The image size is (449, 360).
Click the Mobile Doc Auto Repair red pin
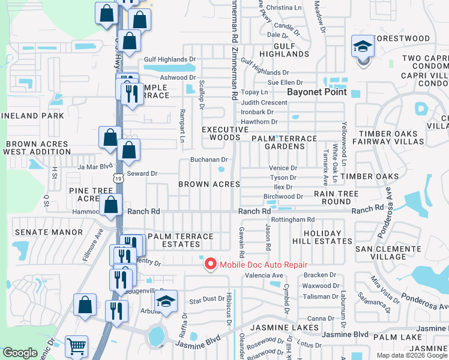pyautogui.click(x=210, y=264)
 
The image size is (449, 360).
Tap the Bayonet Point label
pyautogui.click(x=317, y=92)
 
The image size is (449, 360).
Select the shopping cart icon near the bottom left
pyautogui.click(x=76, y=346)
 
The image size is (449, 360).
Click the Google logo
pyautogui.click(x=20, y=353)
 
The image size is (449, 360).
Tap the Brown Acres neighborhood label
pyautogui.click(x=209, y=184)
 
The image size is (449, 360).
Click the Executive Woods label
pyautogui.click(x=225, y=133)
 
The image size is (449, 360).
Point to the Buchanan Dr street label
pyautogui.click(x=208, y=160)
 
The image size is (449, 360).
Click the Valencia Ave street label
pyautogui.click(x=264, y=275)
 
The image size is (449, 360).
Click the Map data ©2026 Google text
pyautogui.click(x=412, y=355)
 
